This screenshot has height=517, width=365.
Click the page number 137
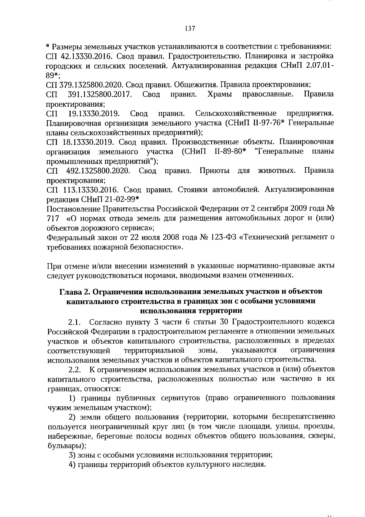coord(189,29)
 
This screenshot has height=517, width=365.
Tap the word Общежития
coord(193,85)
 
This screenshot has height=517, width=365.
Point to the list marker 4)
coord(72,465)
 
